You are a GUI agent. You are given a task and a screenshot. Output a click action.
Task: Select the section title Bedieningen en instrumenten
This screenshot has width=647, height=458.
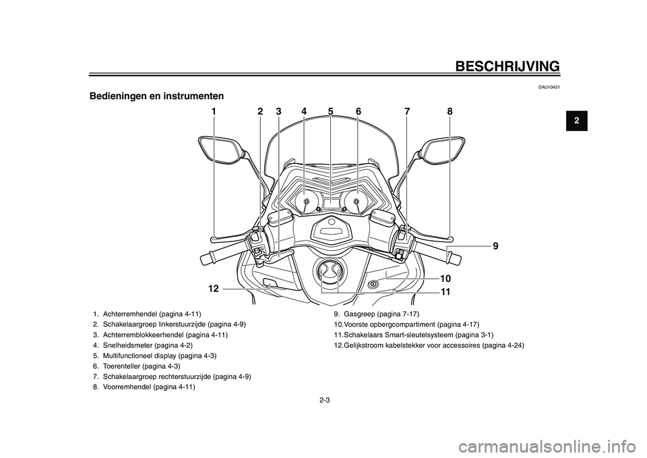tap(156, 96)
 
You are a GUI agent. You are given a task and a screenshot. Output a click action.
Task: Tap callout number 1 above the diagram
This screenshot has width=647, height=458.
tap(214, 111)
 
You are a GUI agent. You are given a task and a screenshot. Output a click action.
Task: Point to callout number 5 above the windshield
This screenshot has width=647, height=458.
tap(330, 111)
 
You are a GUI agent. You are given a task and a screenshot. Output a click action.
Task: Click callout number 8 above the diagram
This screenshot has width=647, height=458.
tap(450, 111)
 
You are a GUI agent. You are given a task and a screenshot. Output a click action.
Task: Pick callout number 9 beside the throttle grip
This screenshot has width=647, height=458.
tap(495, 246)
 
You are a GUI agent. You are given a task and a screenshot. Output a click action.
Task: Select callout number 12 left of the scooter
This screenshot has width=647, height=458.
tap(213, 289)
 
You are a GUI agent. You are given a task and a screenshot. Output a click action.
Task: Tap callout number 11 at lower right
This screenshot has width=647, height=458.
tap(445, 292)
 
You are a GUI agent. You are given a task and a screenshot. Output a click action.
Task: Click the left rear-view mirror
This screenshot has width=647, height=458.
tap(218, 150)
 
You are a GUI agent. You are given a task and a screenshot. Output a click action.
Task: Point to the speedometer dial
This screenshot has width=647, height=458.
tap(306, 201)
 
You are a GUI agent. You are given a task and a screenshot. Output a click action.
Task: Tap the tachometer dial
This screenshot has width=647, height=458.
tap(355, 201)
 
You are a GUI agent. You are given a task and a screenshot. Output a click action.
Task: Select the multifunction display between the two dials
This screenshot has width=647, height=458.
tap(331, 203)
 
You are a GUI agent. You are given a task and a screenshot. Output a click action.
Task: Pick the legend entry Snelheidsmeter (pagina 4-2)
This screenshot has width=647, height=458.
tap(142, 345)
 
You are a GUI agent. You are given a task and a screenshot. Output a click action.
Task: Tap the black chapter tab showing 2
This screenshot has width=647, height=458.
tap(577, 121)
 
